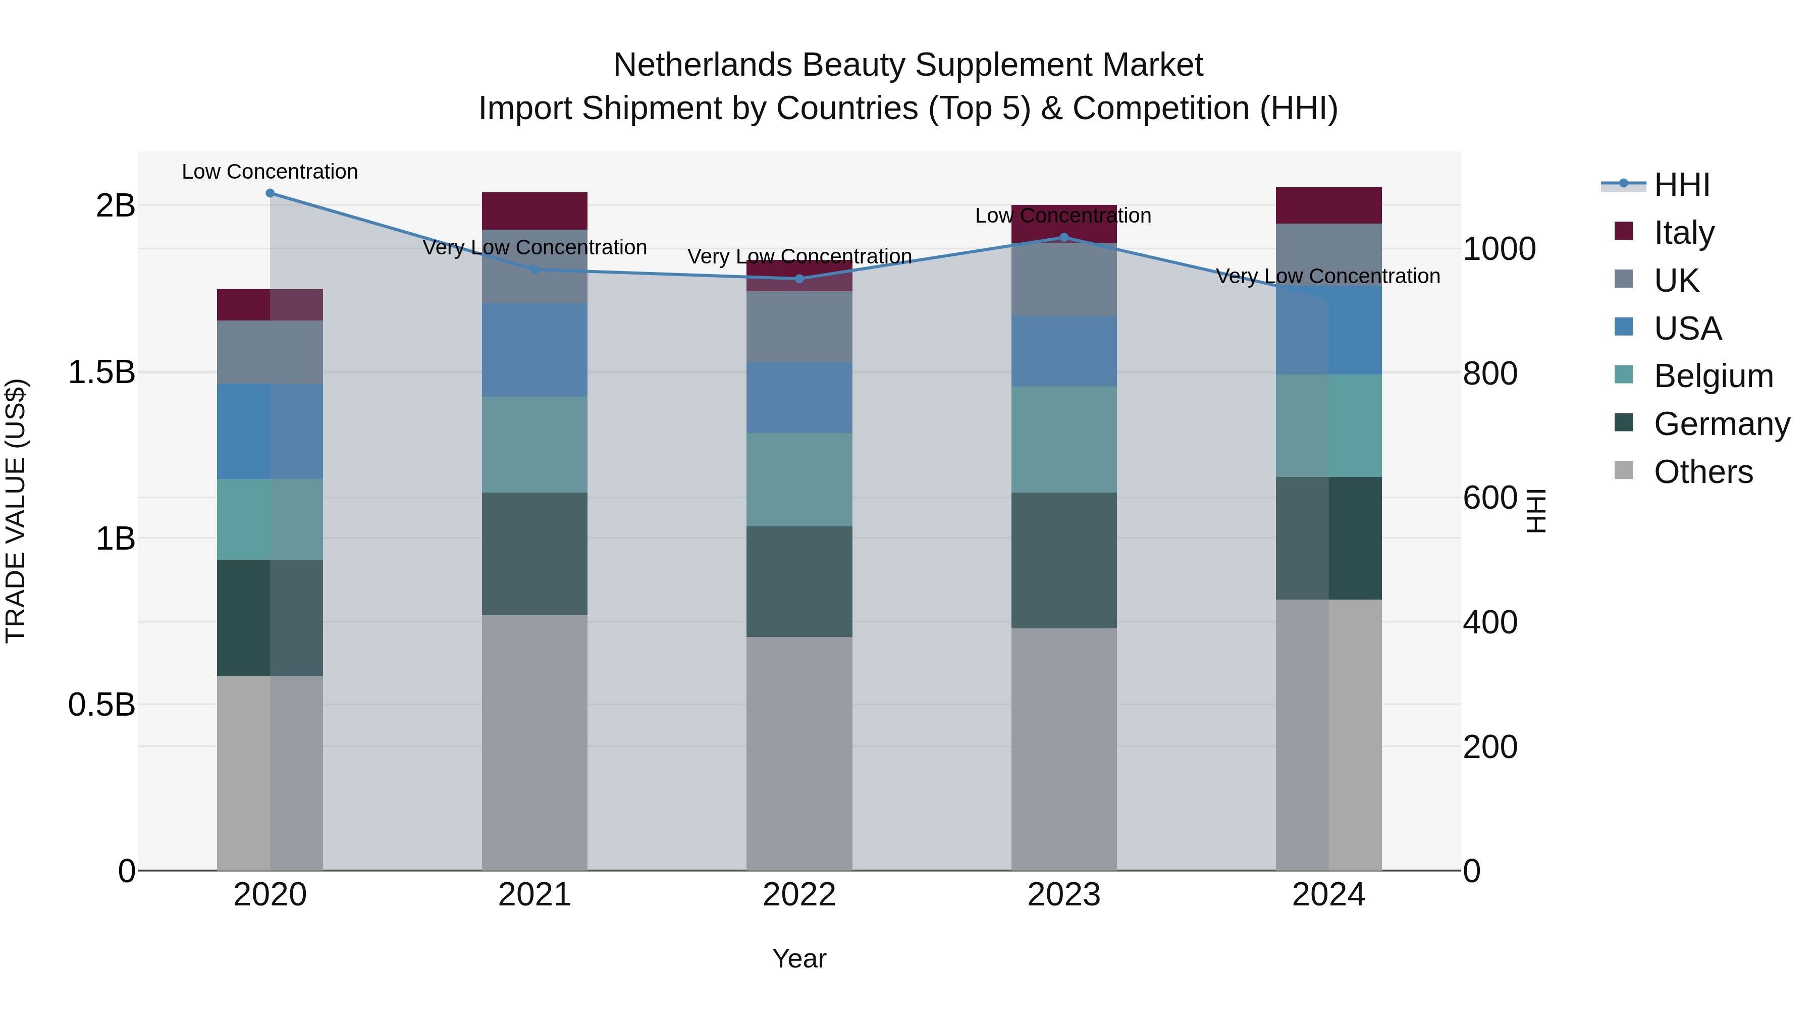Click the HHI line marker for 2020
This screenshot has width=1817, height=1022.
tap(270, 193)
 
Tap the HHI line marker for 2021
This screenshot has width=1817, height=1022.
tap(535, 270)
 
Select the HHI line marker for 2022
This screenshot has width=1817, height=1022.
tap(799, 279)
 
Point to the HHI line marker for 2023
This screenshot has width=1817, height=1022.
tap(1064, 237)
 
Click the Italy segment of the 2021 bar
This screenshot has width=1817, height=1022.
tap(535, 211)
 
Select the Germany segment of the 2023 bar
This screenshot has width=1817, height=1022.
tap(1064, 560)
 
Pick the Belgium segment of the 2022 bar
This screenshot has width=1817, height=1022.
tap(799, 479)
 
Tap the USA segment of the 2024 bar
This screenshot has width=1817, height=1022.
tap(1329, 330)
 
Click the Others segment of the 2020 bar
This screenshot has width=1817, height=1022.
tap(270, 773)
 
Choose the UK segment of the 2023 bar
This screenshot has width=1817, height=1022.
tap(1064, 279)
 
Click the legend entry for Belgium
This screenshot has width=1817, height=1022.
tap(1713, 376)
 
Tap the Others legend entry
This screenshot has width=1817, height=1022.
tap(1703, 472)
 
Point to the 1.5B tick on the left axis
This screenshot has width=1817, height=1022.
tap(101, 372)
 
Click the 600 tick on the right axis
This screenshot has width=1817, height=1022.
tap(1490, 498)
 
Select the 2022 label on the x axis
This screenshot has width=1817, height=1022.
tap(799, 895)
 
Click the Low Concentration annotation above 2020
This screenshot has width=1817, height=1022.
tap(270, 172)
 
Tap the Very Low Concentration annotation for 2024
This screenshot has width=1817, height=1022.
tap(1328, 276)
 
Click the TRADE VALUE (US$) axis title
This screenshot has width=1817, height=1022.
tap(16, 511)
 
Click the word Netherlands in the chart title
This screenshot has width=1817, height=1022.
tap(703, 65)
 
